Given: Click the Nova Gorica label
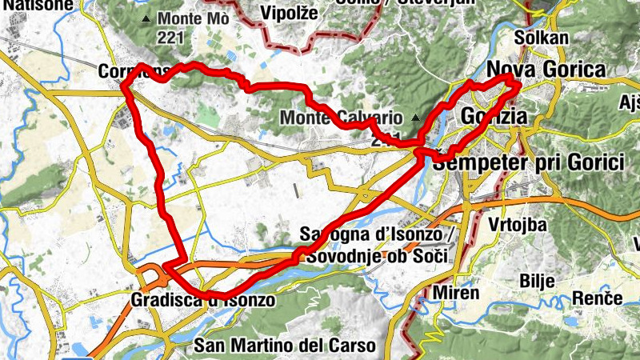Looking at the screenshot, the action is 546,70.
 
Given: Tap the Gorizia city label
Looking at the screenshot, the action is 494,118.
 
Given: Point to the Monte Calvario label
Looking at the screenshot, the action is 342,118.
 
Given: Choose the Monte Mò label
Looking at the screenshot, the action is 194,18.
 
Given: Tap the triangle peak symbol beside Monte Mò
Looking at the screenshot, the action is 146,18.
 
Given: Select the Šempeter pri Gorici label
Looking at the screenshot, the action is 528,162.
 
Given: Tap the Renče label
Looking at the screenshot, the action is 598,298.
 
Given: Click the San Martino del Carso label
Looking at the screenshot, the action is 285,346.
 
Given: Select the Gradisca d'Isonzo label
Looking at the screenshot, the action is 202,301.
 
